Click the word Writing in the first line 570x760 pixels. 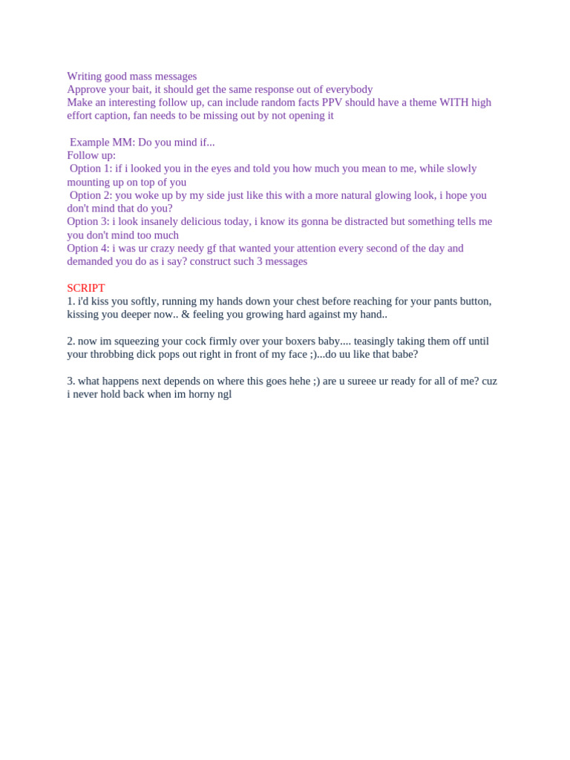coord(84,76)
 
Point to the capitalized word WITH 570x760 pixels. coord(453,102)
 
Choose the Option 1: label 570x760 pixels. coord(91,168)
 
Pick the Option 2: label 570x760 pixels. coord(91,195)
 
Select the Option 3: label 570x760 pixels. coord(88,221)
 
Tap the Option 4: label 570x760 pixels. coord(88,248)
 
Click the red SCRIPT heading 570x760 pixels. coord(86,288)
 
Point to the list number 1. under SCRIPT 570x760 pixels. coord(71,301)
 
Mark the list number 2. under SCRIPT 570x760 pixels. coord(71,341)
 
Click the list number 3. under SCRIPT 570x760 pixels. coord(71,381)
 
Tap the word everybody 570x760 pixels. coord(349,90)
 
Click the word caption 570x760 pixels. coord(111,116)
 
